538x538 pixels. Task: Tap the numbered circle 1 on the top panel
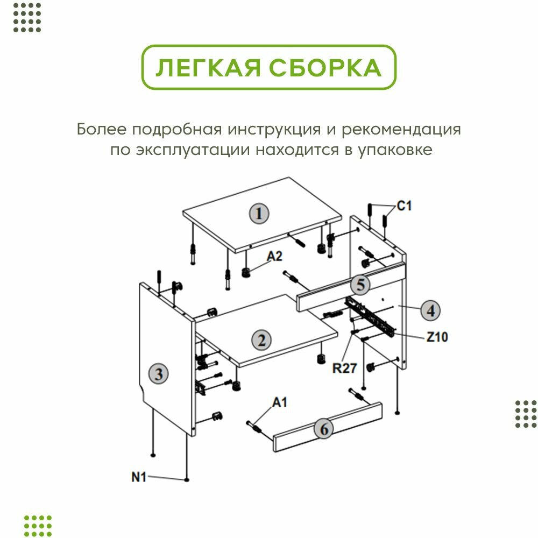coord(259,214)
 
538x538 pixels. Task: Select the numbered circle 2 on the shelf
coord(261,340)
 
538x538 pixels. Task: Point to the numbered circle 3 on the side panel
coord(159,373)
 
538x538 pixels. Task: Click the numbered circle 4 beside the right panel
coord(430,310)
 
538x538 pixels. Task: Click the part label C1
coord(404,206)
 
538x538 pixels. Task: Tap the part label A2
coord(275,256)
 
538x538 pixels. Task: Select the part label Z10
coord(437,337)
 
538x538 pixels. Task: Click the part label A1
coord(280,402)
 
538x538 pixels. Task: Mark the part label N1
coord(139,476)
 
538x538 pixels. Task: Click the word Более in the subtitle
coord(101,130)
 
